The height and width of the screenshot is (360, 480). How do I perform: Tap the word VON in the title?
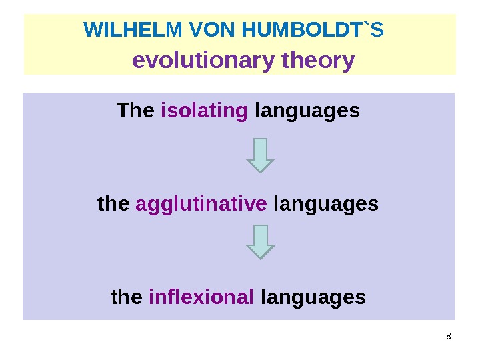click(x=213, y=30)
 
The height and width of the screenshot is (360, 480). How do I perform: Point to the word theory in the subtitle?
click(x=318, y=61)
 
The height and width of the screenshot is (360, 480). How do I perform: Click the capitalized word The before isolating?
click(x=135, y=110)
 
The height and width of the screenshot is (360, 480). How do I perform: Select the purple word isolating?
click(x=205, y=110)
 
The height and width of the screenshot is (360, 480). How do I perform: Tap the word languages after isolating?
click(x=307, y=111)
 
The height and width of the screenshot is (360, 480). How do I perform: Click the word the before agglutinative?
click(x=113, y=203)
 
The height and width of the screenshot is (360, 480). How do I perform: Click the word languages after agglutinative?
click(x=325, y=204)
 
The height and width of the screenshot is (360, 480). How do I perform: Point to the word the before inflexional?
click(x=127, y=297)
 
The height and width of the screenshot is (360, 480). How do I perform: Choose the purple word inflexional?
click(x=201, y=297)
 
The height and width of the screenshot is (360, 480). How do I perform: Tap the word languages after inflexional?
click(x=313, y=297)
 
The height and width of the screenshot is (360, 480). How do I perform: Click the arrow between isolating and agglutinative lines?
click(x=260, y=155)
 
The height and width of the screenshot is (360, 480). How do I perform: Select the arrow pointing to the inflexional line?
click(x=260, y=241)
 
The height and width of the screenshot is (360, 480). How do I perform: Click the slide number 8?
click(x=448, y=335)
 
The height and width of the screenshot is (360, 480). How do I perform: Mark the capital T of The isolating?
click(x=122, y=110)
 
